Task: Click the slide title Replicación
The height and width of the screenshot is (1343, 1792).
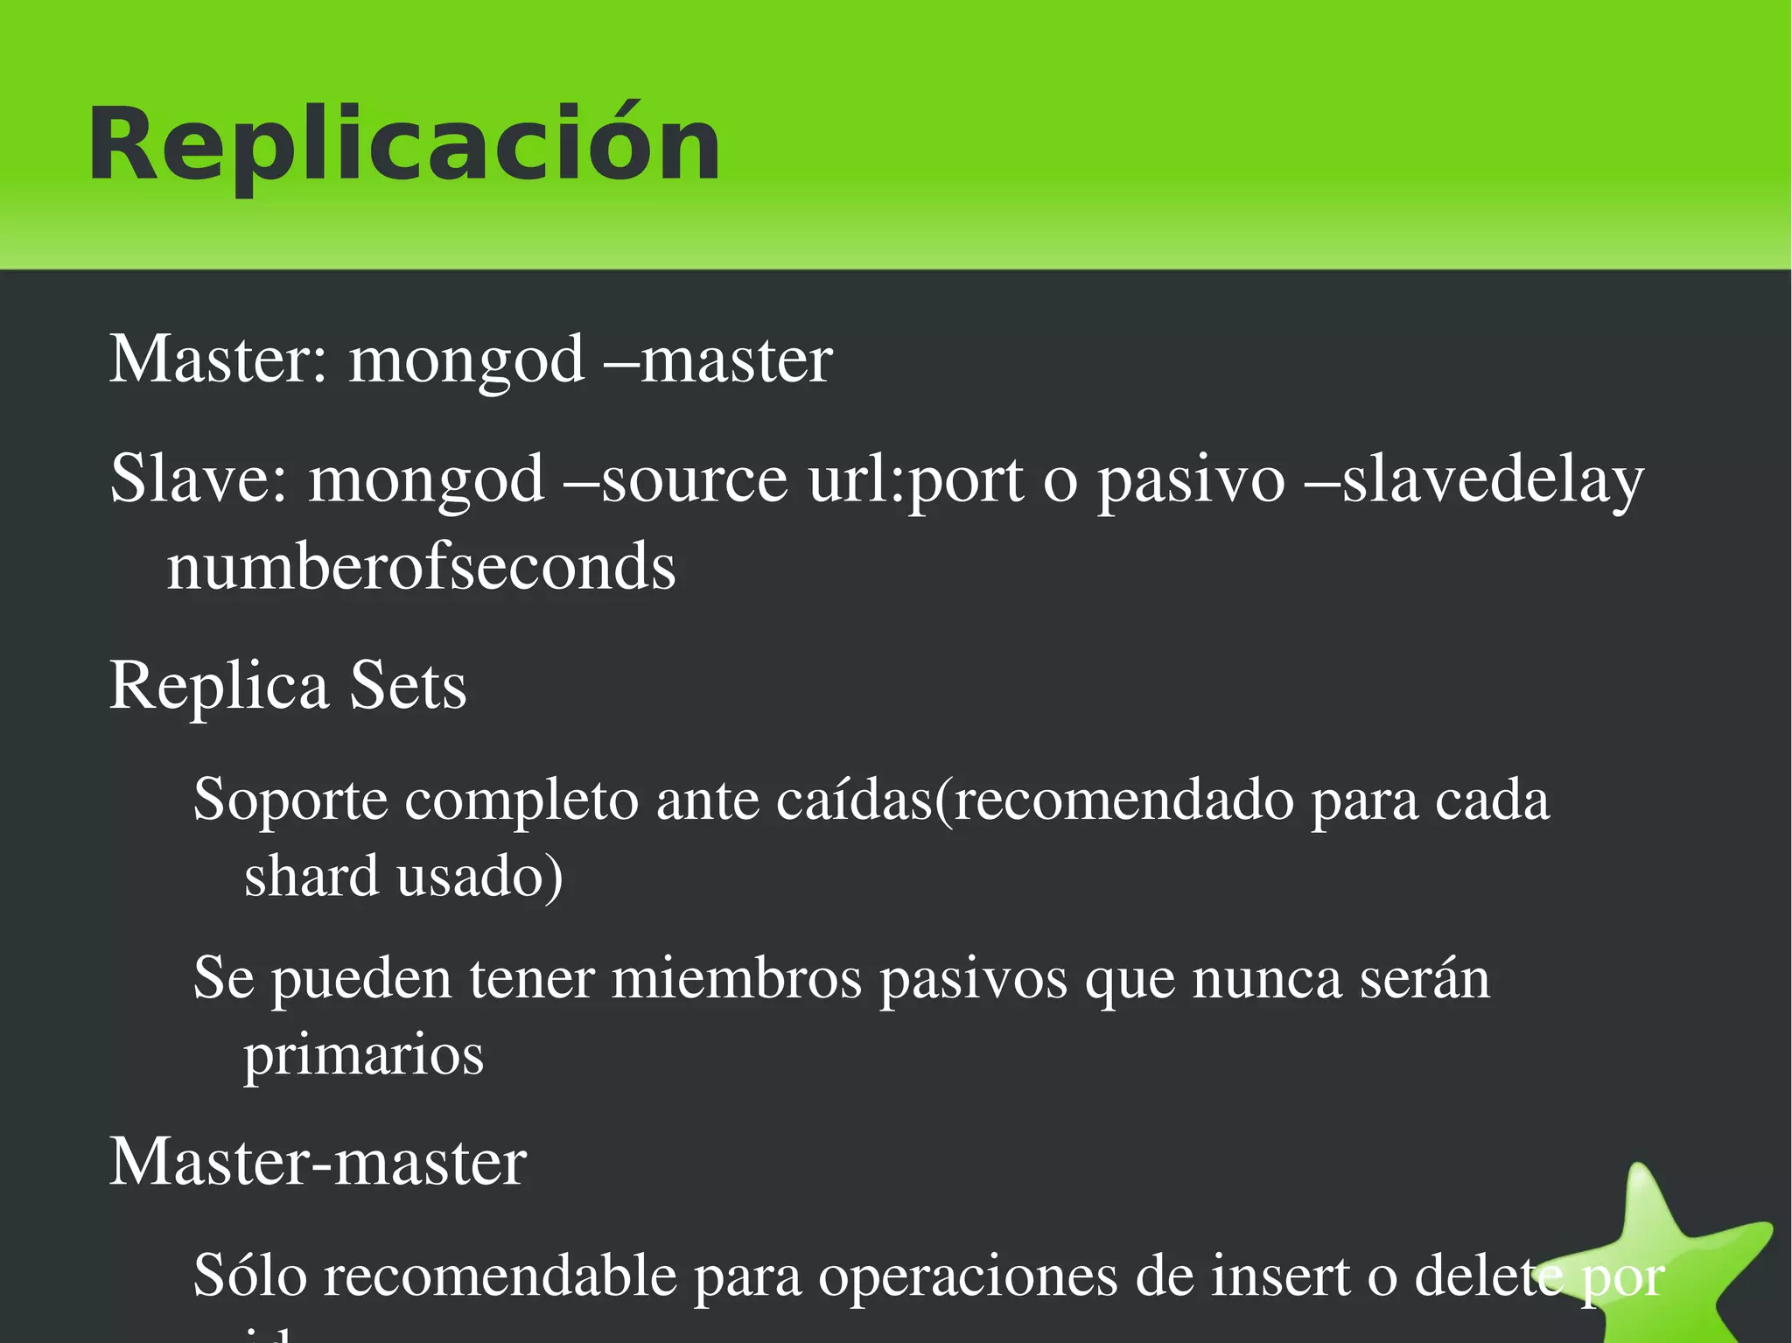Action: point(404,144)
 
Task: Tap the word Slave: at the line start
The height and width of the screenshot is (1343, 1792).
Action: point(199,479)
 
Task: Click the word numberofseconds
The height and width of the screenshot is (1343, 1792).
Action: point(421,567)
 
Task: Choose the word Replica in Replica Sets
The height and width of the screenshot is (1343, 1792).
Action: point(219,685)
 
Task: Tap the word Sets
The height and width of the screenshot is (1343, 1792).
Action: point(408,685)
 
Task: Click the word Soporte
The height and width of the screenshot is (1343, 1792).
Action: point(290,800)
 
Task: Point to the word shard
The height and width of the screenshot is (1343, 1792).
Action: point(311,876)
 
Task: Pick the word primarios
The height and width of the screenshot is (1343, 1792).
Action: point(363,1054)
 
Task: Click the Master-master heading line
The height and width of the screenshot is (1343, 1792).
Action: point(318,1162)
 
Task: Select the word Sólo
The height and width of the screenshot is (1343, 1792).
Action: point(250,1276)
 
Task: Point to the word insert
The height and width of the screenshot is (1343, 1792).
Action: point(1279,1276)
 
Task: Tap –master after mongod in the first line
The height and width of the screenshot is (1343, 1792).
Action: point(718,360)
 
